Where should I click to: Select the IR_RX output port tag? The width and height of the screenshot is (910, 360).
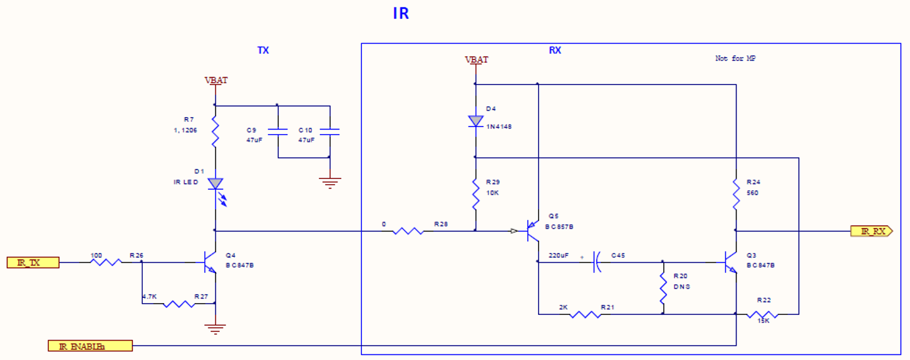point(871,231)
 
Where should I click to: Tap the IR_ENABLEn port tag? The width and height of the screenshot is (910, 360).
point(90,346)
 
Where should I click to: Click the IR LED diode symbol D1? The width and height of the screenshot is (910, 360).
point(215,183)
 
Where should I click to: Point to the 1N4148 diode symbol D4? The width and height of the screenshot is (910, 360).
point(475,121)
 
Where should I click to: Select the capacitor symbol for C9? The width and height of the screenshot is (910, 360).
point(277,132)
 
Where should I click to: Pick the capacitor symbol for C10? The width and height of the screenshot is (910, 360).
point(329,132)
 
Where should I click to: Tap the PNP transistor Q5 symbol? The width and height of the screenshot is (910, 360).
point(533,232)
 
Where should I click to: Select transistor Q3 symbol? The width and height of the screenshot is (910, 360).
point(731,262)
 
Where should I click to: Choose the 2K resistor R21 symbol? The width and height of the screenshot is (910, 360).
point(586,314)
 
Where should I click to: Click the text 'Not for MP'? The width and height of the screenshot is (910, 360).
point(737,58)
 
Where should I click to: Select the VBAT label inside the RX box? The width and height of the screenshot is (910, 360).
point(476,60)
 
